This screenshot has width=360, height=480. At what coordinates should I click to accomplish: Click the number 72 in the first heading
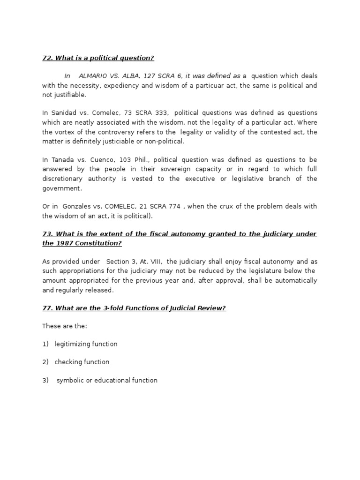47,58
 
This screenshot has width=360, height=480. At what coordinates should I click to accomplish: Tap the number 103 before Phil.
127,160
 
